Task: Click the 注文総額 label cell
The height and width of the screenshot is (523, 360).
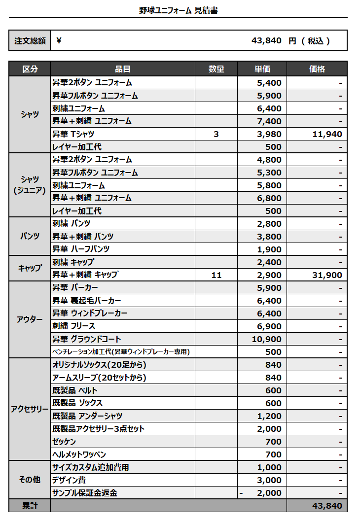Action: [x=30, y=41]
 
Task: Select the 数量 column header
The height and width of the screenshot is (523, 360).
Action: [x=216, y=69]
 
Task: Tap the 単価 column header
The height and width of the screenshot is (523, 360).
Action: [x=262, y=69]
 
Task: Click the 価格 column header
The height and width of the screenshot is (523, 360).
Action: [x=317, y=69]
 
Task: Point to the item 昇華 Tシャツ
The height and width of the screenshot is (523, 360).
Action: [x=73, y=134]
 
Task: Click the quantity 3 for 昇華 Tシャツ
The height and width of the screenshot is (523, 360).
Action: [x=216, y=134]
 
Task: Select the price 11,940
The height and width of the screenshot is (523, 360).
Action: [x=327, y=134]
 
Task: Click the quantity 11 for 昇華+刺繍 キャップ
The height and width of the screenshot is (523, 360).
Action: [x=216, y=275]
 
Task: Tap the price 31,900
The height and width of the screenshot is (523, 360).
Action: [x=327, y=275]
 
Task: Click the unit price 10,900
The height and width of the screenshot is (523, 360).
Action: [x=266, y=339]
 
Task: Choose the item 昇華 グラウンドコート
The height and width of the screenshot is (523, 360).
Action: [x=87, y=339]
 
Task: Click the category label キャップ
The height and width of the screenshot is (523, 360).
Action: [x=30, y=269]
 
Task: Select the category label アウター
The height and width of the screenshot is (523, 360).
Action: [x=30, y=319]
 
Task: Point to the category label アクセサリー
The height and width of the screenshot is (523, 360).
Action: [x=30, y=410]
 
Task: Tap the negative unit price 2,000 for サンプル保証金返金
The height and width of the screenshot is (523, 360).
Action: [x=269, y=493]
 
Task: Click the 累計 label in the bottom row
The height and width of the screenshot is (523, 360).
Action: [x=30, y=506]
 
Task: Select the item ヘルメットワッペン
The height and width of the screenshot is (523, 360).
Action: [x=79, y=454]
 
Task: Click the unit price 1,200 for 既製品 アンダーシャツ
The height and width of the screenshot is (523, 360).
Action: [x=269, y=416]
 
